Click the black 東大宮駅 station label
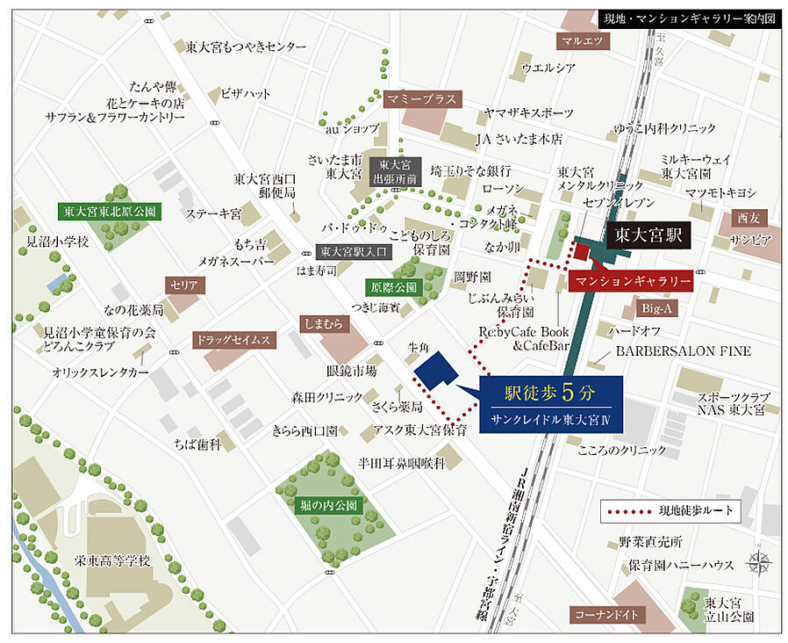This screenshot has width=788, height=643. coord(648,235)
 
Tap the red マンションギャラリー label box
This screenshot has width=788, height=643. coord(631,281)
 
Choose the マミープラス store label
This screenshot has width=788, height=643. coord(422,99)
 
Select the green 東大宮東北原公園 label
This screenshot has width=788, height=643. coord(110,212)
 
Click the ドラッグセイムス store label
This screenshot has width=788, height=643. coord(234,339)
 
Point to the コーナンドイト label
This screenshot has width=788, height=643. coord(606,615)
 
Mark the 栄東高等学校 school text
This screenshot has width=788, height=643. coord(113,561)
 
